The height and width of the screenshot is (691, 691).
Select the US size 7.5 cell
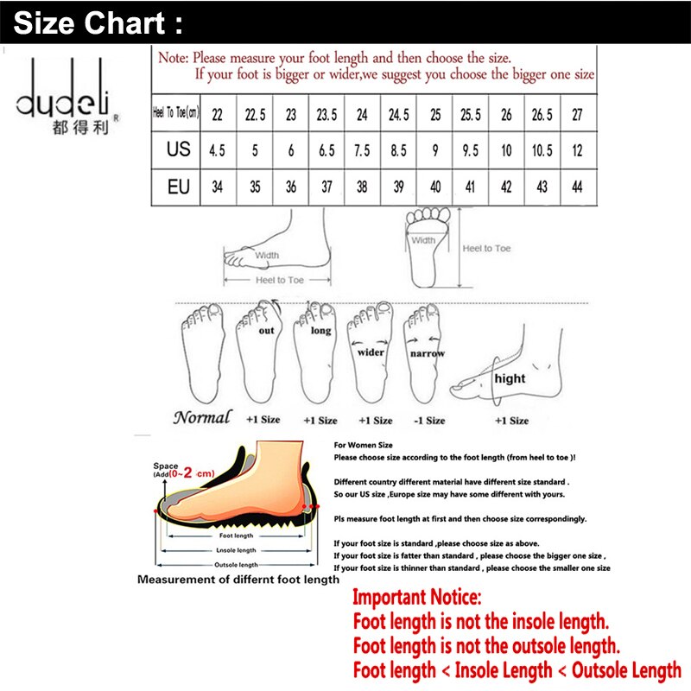click(x=362, y=149)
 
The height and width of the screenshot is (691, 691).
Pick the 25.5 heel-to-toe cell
click(x=471, y=113)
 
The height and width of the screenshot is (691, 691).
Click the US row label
click(x=178, y=149)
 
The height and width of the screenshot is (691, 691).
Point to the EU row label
click(x=178, y=186)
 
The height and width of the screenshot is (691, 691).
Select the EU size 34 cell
click(x=217, y=186)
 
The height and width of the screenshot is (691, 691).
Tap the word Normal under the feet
click(x=202, y=418)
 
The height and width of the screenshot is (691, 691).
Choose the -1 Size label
click(x=429, y=420)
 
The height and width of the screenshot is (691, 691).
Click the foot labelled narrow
click(x=427, y=354)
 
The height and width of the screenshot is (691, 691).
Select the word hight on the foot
click(x=510, y=378)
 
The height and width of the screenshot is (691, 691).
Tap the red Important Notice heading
click(x=418, y=597)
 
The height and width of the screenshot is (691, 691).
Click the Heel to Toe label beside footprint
click(x=486, y=248)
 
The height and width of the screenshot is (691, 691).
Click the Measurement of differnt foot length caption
click(x=238, y=580)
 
